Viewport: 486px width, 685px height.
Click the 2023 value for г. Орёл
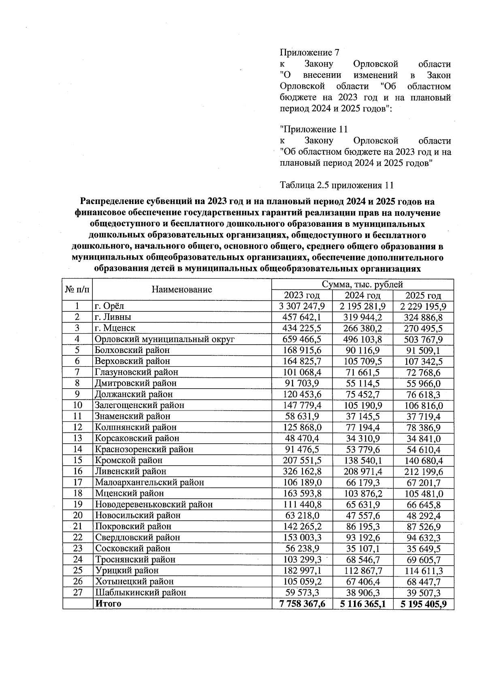(302, 306)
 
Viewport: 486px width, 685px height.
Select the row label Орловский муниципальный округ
(165, 339)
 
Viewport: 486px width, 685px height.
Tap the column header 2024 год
(362, 296)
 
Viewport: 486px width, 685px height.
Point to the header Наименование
(182, 289)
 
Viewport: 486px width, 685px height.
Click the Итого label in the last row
(108, 604)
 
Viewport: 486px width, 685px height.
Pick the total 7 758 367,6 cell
(302, 604)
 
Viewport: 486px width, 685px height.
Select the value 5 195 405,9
(423, 604)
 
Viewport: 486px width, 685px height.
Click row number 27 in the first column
(78, 592)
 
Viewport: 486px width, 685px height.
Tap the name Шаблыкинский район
(141, 593)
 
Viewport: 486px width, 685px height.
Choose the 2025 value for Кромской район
(423, 460)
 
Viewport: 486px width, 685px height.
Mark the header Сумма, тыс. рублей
(362, 285)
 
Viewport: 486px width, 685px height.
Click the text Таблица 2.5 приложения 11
(337, 185)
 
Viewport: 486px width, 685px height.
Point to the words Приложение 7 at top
(309, 53)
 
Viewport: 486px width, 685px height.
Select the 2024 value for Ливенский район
(362, 471)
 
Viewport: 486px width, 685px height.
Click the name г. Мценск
(115, 328)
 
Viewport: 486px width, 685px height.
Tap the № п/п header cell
(78, 289)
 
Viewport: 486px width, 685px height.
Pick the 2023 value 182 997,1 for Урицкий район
(302, 570)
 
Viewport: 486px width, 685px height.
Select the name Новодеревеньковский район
(153, 504)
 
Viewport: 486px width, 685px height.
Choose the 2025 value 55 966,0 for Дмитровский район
(423, 383)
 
